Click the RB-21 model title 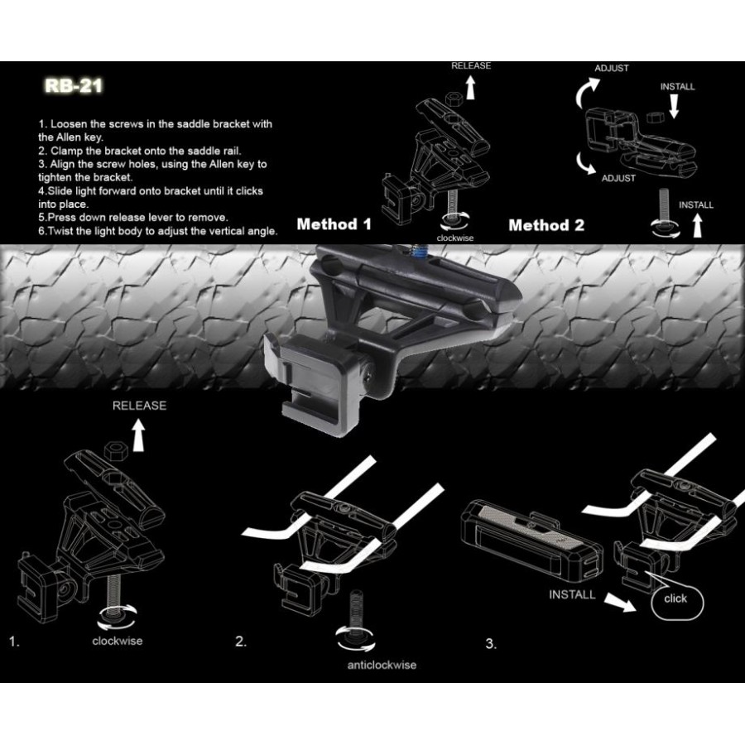point(74,85)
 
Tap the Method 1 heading point(334,224)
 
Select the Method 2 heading point(546,225)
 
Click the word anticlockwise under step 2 point(382,665)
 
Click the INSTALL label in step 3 point(572,594)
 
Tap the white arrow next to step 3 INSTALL point(620,603)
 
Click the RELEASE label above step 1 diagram point(139,406)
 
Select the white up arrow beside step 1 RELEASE point(139,435)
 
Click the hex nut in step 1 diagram point(114,449)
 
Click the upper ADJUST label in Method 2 point(612,68)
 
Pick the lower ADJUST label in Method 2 point(618,178)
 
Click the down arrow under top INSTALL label point(674,106)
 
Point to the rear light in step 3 point(532,540)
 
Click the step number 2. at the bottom point(241,642)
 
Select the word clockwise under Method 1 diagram point(455,238)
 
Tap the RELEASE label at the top point(471,65)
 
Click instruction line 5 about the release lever point(133,218)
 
